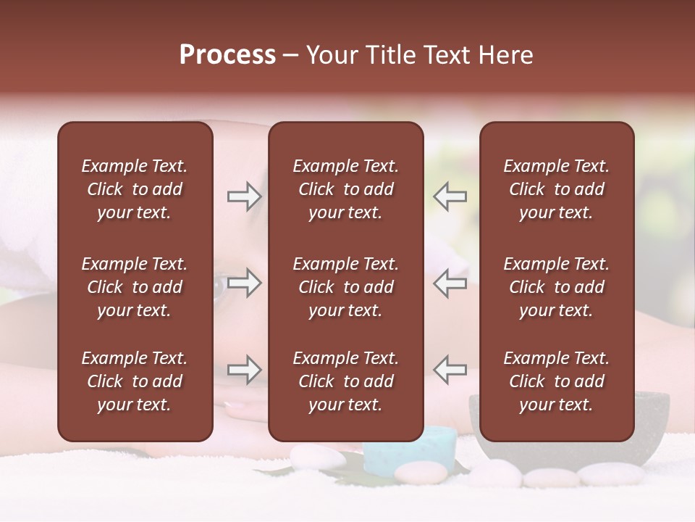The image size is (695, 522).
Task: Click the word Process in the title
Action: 227,55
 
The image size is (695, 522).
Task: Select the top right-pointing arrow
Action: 245,196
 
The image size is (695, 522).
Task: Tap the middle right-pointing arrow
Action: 245,283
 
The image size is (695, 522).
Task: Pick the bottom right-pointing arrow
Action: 245,370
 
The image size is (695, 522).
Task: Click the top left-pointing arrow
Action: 450,196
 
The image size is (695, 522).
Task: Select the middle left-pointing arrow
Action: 450,283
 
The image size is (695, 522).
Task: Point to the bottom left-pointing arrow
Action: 450,370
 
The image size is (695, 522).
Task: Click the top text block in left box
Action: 135,189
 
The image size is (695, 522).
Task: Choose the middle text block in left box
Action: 135,287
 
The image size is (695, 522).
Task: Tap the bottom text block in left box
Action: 135,381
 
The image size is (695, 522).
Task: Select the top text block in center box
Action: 345,189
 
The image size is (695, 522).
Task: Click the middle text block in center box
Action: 345,287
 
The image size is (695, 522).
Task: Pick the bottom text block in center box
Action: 345,381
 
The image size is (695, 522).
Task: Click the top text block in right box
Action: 556,189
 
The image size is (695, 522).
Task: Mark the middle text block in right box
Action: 556,287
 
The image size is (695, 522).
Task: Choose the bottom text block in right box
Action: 556,381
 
